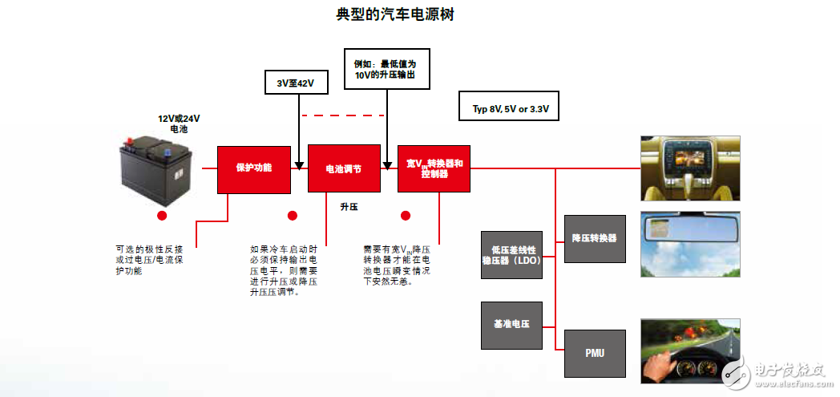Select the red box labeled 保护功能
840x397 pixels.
pos(253,168)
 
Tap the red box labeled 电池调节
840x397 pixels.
pos(343,168)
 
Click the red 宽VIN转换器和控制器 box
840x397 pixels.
pos(434,168)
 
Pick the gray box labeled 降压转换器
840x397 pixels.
pos(595,239)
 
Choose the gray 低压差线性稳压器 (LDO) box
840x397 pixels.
pos(511,255)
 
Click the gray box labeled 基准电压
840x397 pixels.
pos(511,325)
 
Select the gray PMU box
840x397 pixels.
pos(595,353)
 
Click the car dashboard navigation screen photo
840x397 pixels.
pos(689,168)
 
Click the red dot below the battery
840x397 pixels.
pos(162,216)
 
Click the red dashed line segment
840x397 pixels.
pos(342,115)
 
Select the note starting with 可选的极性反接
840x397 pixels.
pos(149,260)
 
